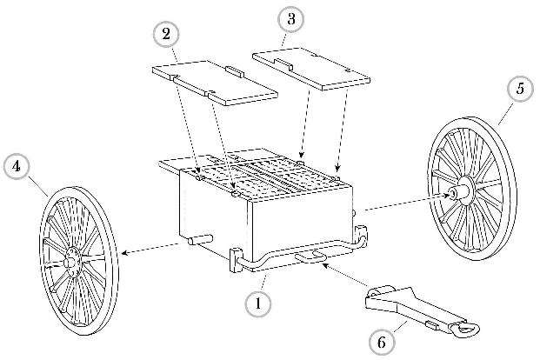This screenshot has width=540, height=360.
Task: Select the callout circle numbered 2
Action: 165,34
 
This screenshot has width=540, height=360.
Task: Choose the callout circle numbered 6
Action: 380,343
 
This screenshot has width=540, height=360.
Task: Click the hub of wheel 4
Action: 72,257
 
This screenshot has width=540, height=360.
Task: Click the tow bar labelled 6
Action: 409,310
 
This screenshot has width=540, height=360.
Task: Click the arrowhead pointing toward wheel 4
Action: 124,254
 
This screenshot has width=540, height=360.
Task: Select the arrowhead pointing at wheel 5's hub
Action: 449,196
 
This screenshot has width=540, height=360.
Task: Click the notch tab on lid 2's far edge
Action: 235,68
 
